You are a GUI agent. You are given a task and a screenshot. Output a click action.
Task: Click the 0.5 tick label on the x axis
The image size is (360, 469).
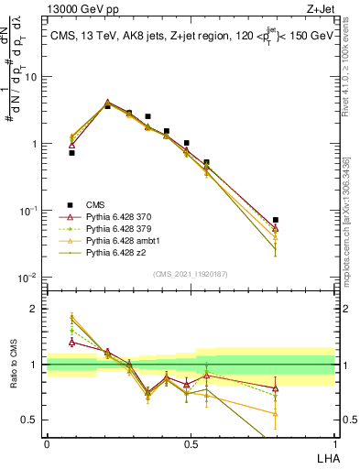point(191,443)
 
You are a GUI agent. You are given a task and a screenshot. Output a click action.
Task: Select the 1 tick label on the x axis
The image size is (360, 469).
point(333,443)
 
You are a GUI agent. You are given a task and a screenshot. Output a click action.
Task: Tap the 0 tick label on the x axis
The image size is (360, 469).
point(47,443)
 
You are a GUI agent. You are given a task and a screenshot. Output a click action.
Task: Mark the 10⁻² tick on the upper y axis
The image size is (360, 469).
point(29,278)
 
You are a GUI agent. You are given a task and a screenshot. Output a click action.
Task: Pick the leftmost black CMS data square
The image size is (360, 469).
point(72,153)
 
